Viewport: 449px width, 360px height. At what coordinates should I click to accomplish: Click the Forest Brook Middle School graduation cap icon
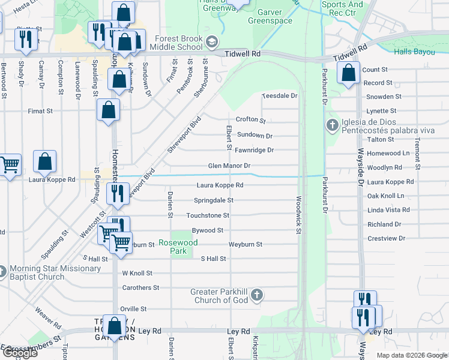tap(211, 42)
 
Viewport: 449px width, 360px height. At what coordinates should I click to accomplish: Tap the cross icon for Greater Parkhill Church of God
tap(257, 295)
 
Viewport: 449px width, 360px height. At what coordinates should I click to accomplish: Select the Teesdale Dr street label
tap(280, 96)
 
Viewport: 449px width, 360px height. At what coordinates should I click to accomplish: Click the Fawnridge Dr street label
tap(254, 150)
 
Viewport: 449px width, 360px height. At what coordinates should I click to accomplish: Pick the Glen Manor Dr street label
tap(229, 166)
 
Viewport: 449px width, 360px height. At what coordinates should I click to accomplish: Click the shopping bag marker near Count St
tap(348, 73)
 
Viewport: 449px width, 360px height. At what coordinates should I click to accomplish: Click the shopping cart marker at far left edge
tap(8, 164)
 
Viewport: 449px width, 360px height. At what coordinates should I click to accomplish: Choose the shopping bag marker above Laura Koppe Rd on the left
tap(44, 161)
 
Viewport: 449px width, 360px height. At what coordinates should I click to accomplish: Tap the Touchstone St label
tap(208, 215)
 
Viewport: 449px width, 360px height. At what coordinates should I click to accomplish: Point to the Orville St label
tap(133, 309)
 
